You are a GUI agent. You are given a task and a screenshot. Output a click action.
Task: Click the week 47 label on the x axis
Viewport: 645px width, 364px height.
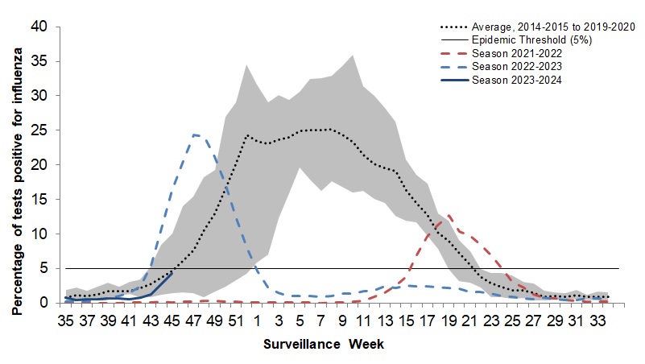click(x=193, y=321)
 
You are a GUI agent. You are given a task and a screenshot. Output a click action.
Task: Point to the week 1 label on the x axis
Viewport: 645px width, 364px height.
click(x=258, y=321)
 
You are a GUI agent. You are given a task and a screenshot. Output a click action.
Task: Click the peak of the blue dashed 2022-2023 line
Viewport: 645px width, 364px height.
click(x=195, y=134)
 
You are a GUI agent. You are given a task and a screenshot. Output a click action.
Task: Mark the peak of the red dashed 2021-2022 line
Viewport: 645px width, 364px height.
click(x=449, y=214)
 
